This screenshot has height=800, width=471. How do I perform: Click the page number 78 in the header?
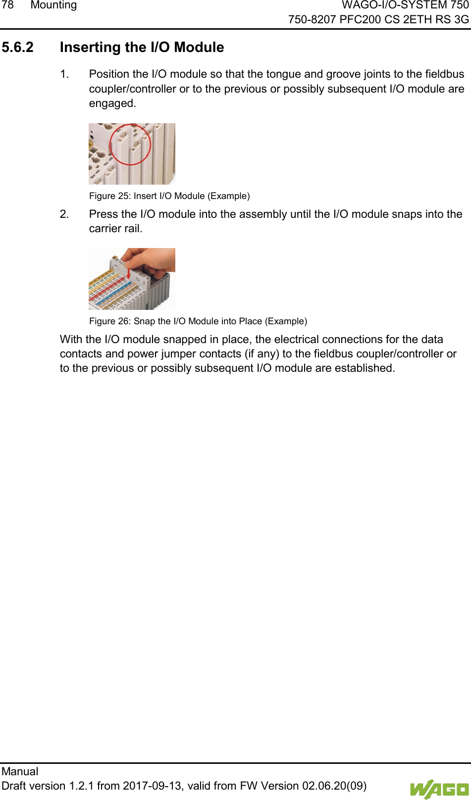[7, 5]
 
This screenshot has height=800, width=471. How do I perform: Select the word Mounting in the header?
[53, 5]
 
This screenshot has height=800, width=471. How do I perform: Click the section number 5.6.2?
[18, 48]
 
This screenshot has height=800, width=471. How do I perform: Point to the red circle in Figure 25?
[130, 145]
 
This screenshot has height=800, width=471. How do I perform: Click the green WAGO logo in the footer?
[439, 789]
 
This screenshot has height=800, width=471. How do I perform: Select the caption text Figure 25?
[110, 196]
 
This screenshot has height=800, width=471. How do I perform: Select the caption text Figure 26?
[110, 321]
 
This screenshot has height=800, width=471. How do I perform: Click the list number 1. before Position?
[64, 74]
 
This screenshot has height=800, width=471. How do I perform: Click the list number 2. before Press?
[64, 214]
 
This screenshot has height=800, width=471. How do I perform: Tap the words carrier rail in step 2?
[115, 229]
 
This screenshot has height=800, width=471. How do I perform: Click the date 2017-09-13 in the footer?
[153, 786]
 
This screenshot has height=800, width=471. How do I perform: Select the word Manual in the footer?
[20, 772]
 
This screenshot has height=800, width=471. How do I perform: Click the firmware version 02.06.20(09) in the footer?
[334, 786]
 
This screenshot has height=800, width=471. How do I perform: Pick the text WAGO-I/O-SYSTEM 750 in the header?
[405, 5]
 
